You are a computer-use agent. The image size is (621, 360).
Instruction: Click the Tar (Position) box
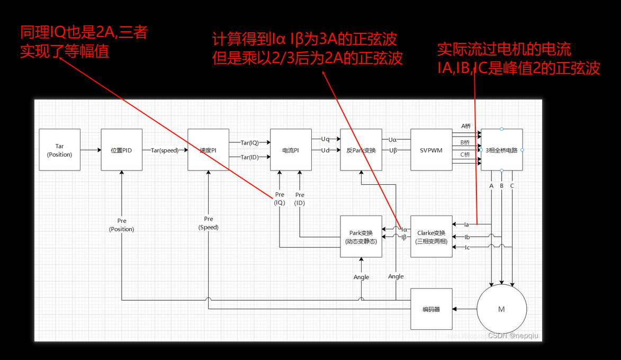pos(59,150)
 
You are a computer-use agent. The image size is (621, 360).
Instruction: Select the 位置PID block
pos(121,150)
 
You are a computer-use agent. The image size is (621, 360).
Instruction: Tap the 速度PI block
pos(208,150)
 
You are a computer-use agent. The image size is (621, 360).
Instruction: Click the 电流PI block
pos(290,150)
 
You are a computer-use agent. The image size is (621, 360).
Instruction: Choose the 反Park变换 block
pos(361,150)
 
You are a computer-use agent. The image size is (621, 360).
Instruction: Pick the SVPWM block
pos(431,150)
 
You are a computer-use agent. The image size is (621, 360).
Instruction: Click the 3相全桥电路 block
pos(501,150)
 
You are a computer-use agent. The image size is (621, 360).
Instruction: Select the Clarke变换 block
pos(431,237)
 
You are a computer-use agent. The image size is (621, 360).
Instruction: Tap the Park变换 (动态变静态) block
pos(361,237)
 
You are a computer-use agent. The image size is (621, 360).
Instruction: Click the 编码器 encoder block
pos(431,309)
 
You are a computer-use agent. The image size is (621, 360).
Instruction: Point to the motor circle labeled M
pos(501,309)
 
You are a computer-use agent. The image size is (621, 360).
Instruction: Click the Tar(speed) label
pos(165,150)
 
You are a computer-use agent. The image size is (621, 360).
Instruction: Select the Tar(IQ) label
pos(250,143)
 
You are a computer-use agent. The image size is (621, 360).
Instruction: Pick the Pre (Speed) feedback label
pos(209,223)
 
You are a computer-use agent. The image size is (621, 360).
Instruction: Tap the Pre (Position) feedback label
pos(121,225)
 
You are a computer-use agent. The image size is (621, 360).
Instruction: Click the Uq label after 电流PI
pos(325,139)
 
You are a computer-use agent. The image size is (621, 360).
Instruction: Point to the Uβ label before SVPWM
pos(393,150)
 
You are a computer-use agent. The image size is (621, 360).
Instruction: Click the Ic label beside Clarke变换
pos(467,247)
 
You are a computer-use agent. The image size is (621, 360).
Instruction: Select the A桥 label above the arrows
pos(465,126)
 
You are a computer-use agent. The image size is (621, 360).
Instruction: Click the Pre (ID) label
pos(300,199)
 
